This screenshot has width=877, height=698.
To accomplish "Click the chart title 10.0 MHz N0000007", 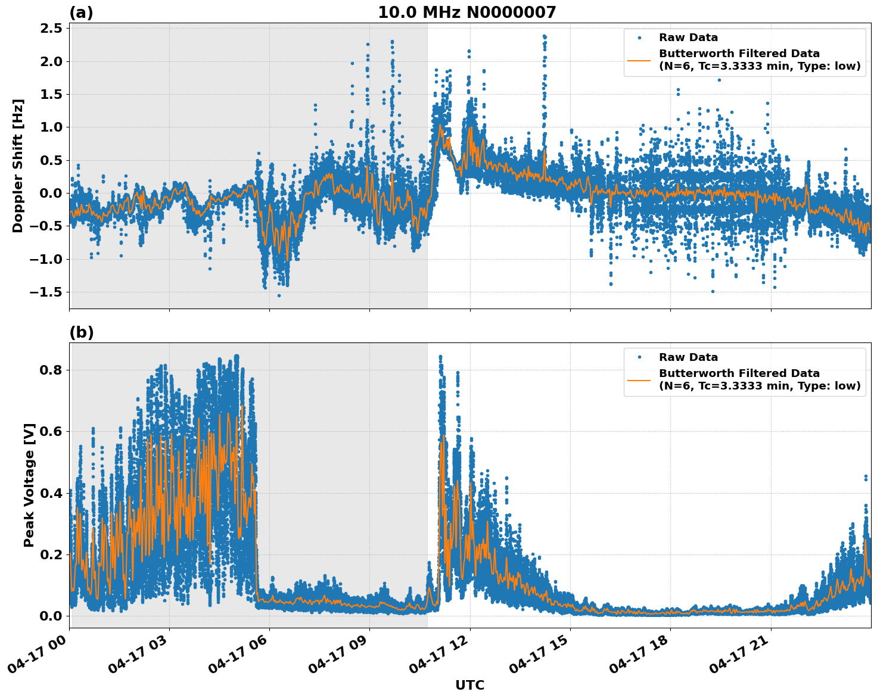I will click(467, 13).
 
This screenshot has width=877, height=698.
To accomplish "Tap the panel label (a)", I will click(81, 13).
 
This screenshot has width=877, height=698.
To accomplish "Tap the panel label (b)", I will click(82, 332).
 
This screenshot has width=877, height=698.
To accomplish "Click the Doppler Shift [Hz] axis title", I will click(18, 166).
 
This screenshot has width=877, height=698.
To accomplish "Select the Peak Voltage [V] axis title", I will click(29, 485).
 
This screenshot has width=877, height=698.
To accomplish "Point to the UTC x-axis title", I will click(469, 685).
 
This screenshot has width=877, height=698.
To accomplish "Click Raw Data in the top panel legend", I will click(688, 38).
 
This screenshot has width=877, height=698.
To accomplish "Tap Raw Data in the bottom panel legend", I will click(688, 357).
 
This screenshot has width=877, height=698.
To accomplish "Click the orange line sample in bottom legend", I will click(639, 379).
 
